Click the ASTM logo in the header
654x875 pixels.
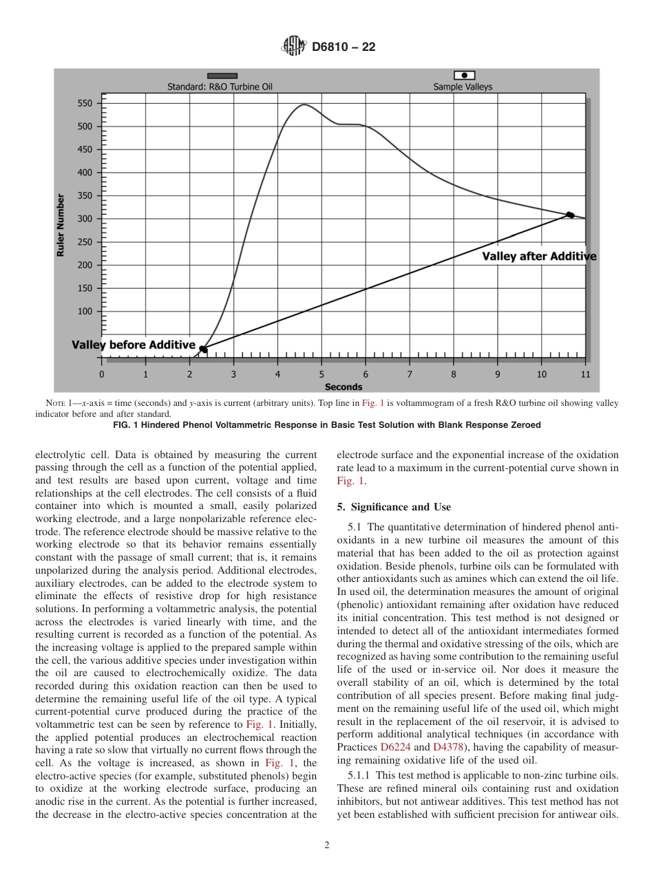point(294,47)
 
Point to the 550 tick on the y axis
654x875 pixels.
point(84,103)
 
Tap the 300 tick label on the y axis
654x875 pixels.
point(84,219)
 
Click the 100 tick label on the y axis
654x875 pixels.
point(84,311)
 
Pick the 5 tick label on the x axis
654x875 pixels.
point(321,375)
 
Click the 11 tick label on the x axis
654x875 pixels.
point(585,375)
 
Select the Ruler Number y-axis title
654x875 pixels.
point(61,226)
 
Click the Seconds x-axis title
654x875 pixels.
point(343,387)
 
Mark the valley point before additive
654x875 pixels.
point(202,349)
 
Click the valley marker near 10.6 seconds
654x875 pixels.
point(570,215)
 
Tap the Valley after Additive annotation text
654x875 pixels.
point(538,257)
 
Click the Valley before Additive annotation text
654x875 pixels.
point(134,345)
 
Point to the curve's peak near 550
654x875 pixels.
point(304,105)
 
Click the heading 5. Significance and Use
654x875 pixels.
point(394,507)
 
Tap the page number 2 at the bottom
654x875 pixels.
point(326,845)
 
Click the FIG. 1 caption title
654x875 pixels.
point(326,425)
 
